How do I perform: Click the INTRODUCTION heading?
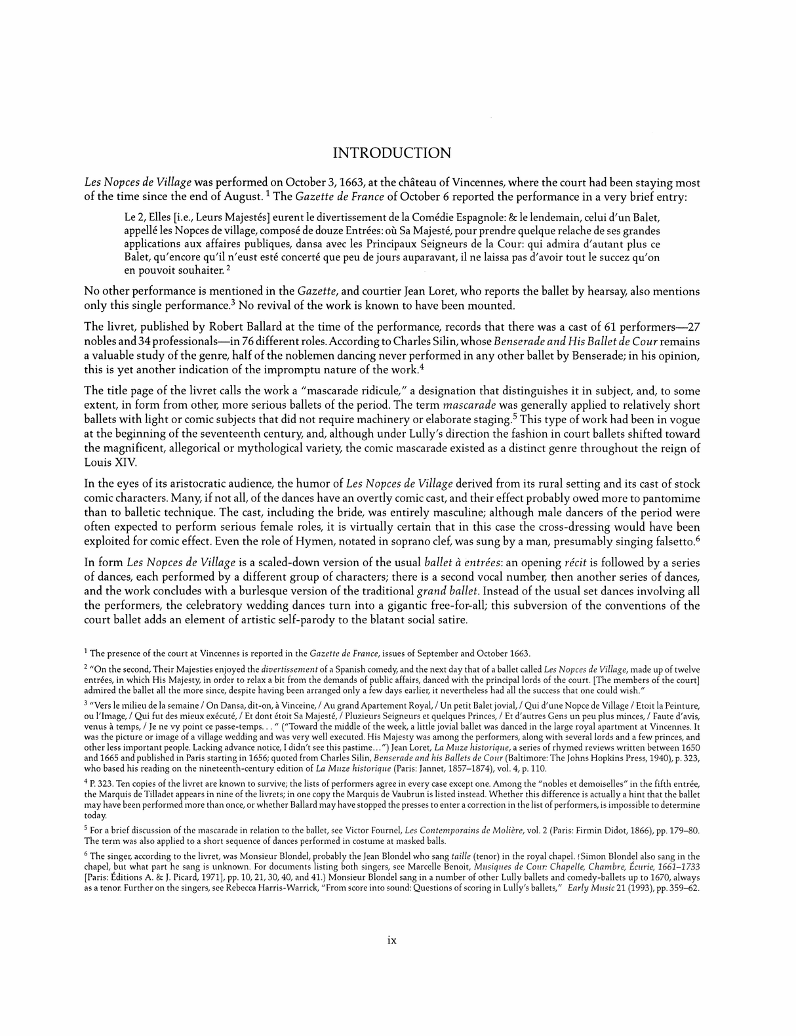(392, 154)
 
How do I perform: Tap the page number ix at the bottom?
(392, 940)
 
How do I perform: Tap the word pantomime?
(675, 498)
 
